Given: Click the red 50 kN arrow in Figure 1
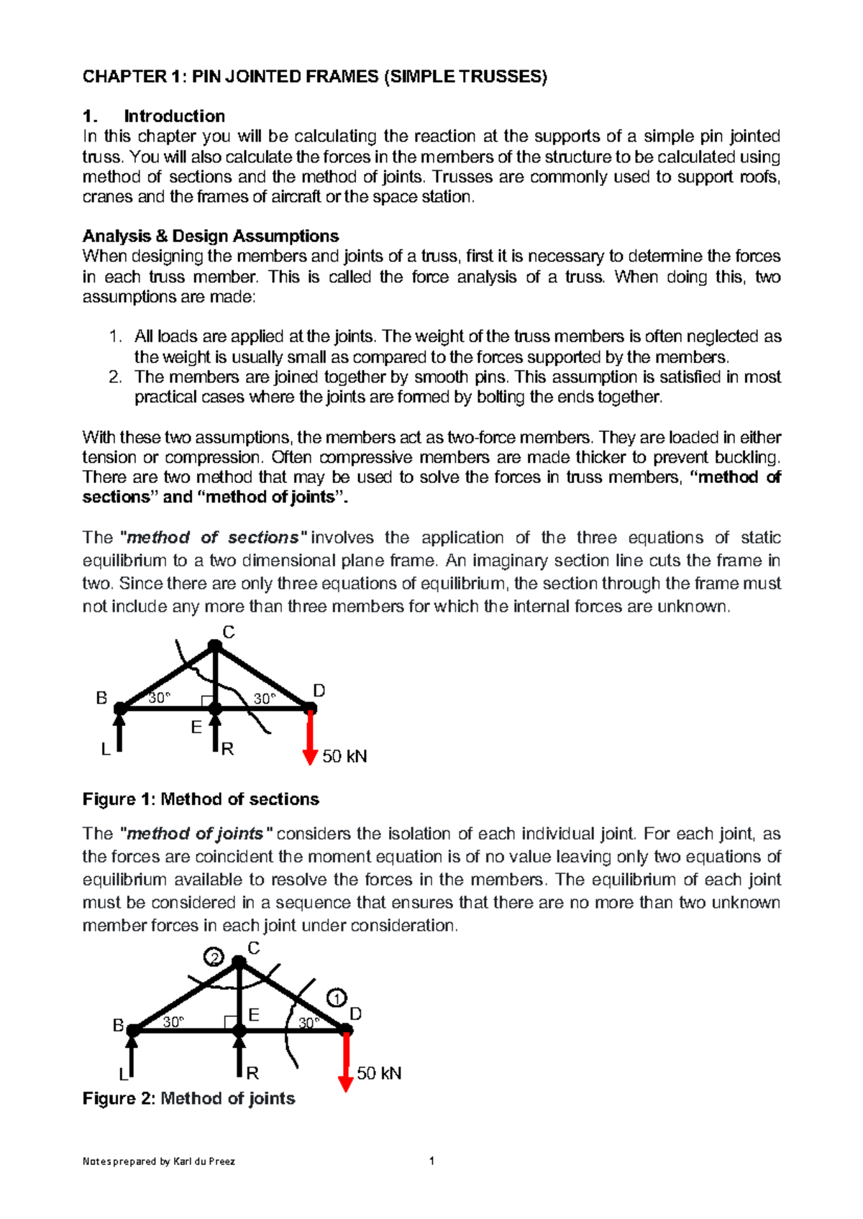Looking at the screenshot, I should [x=310, y=737].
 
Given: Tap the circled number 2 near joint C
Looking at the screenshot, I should [x=214, y=957].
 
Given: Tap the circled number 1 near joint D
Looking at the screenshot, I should [x=337, y=998].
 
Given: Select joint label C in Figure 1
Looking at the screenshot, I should [x=228, y=632].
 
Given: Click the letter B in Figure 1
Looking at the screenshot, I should [x=101, y=698].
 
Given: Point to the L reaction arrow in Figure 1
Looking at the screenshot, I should [x=120, y=730].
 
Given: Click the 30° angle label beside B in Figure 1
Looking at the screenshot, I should [x=160, y=697].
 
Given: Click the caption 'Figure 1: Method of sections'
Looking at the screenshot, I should [x=201, y=799].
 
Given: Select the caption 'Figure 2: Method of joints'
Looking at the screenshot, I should [x=188, y=1098].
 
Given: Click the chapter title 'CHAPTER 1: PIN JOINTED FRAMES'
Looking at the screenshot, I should [x=314, y=77].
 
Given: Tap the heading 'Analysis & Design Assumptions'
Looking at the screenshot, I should [x=210, y=236].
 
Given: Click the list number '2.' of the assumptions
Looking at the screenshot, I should [x=116, y=377].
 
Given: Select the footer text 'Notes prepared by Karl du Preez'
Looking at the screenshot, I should [x=158, y=1161].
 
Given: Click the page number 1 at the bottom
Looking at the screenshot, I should [x=431, y=1160].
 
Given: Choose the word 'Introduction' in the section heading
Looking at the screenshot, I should [x=174, y=116].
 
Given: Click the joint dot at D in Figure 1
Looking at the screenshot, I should [x=311, y=709].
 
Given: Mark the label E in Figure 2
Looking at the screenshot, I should [x=253, y=1014].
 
